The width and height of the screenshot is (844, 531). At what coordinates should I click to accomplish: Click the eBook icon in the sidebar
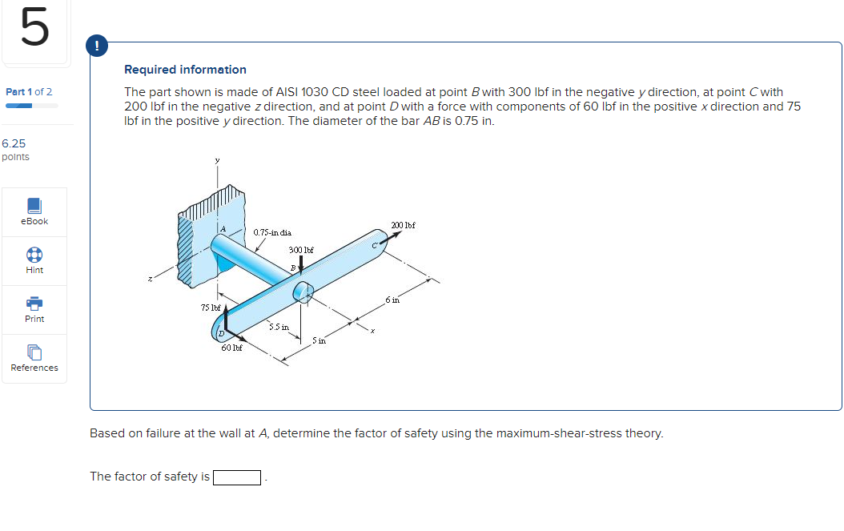pos(34,206)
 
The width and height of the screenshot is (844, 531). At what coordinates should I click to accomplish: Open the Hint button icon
pos(34,254)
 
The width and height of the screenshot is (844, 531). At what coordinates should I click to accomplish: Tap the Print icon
pos(34,303)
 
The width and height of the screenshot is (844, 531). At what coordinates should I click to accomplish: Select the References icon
pos(34,352)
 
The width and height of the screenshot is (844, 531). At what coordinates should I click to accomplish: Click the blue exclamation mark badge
pos(97,46)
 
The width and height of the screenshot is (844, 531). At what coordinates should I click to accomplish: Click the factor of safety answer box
pos(237,478)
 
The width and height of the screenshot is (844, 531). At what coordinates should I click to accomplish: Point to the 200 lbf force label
pos(403,225)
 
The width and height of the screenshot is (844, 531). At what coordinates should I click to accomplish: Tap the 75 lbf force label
pos(211,308)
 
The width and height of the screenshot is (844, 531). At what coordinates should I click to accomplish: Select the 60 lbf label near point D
pos(232,348)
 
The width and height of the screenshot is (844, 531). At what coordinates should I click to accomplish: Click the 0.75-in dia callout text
pos(272,233)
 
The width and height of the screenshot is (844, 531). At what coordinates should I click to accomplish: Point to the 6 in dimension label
pos(392,299)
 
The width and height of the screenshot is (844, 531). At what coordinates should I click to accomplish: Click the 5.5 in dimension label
pos(279,327)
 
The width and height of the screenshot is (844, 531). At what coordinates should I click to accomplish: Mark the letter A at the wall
pos(224,230)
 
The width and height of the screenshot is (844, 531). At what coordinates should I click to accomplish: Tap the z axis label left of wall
pos(150,279)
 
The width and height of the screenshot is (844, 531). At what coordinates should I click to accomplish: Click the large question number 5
pos(34,29)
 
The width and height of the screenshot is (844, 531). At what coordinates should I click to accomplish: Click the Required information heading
pos(185,70)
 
